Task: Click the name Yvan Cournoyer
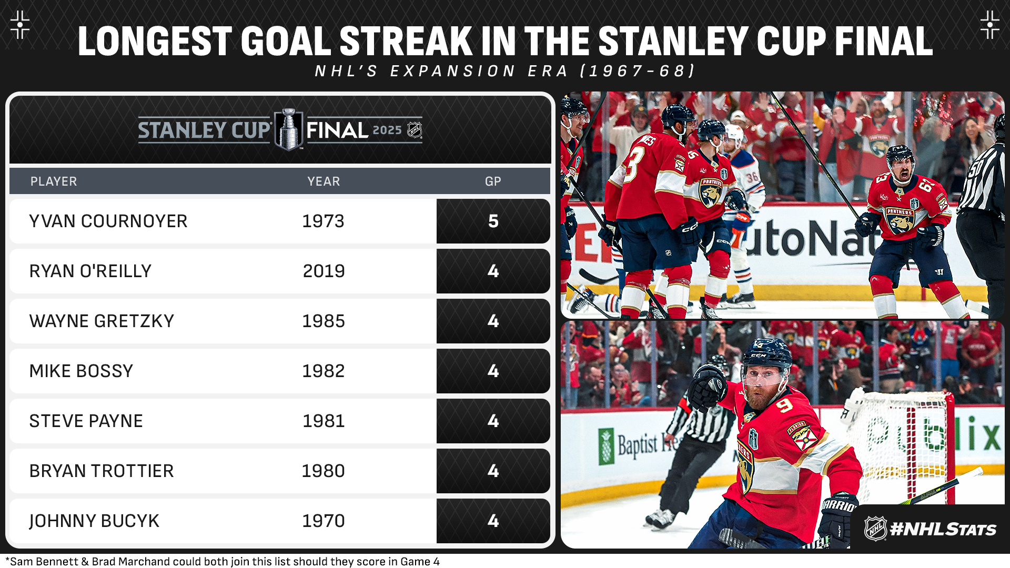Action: (x=108, y=221)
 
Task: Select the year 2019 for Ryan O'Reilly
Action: (x=324, y=271)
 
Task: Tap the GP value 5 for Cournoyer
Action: (x=493, y=221)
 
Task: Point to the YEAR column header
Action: (x=324, y=181)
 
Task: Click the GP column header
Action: (x=493, y=181)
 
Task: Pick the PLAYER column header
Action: (x=54, y=181)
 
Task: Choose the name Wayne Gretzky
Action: (x=102, y=321)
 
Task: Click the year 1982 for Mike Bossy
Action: (x=324, y=371)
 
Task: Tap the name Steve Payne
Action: (x=86, y=421)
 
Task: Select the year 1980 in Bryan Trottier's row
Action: (x=324, y=471)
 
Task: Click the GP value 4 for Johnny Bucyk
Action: (x=493, y=521)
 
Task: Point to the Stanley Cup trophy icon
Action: (x=289, y=129)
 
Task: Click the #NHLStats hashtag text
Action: (x=943, y=529)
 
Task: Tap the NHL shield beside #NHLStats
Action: (x=875, y=529)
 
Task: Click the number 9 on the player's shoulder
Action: (x=784, y=405)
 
